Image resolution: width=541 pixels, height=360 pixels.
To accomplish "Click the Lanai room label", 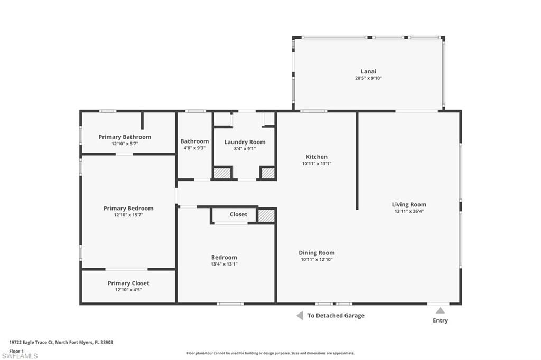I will click(x=368, y=71).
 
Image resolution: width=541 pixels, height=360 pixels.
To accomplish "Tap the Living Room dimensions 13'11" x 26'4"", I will click(x=409, y=211).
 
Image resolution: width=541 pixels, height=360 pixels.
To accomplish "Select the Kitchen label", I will click(x=316, y=157).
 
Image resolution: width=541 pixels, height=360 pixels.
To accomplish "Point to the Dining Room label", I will click(x=316, y=253).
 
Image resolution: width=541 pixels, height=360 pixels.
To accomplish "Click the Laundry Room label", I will click(x=245, y=142).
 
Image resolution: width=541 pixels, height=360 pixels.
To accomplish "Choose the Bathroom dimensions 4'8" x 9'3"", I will click(x=194, y=148).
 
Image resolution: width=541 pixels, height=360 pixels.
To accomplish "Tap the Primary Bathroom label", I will click(x=125, y=137).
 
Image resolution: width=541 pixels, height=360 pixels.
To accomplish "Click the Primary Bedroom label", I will click(x=128, y=209).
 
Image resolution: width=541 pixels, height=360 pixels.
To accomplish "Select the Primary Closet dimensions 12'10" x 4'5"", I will click(x=128, y=290).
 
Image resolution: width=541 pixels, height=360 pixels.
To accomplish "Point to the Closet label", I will click(x=238, y=215).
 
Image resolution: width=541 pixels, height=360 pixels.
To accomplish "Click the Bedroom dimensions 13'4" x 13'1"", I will click(x=224, y=264).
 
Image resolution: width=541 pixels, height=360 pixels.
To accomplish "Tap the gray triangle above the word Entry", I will click(x=440, y=310).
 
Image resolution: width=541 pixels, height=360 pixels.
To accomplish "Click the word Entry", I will click(x=440, y=320).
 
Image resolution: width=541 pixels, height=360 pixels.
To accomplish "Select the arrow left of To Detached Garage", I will click(x=300, y=316).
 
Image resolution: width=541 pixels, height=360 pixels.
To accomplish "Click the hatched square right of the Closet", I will click(x=266, y=215).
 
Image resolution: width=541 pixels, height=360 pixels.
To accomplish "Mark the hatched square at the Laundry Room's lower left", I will click(x=222, y=173).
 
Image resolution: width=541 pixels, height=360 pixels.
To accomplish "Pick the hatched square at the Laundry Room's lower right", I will click(x=268, y=173).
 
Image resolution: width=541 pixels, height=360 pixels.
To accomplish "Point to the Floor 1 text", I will click(x=16, y=350).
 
